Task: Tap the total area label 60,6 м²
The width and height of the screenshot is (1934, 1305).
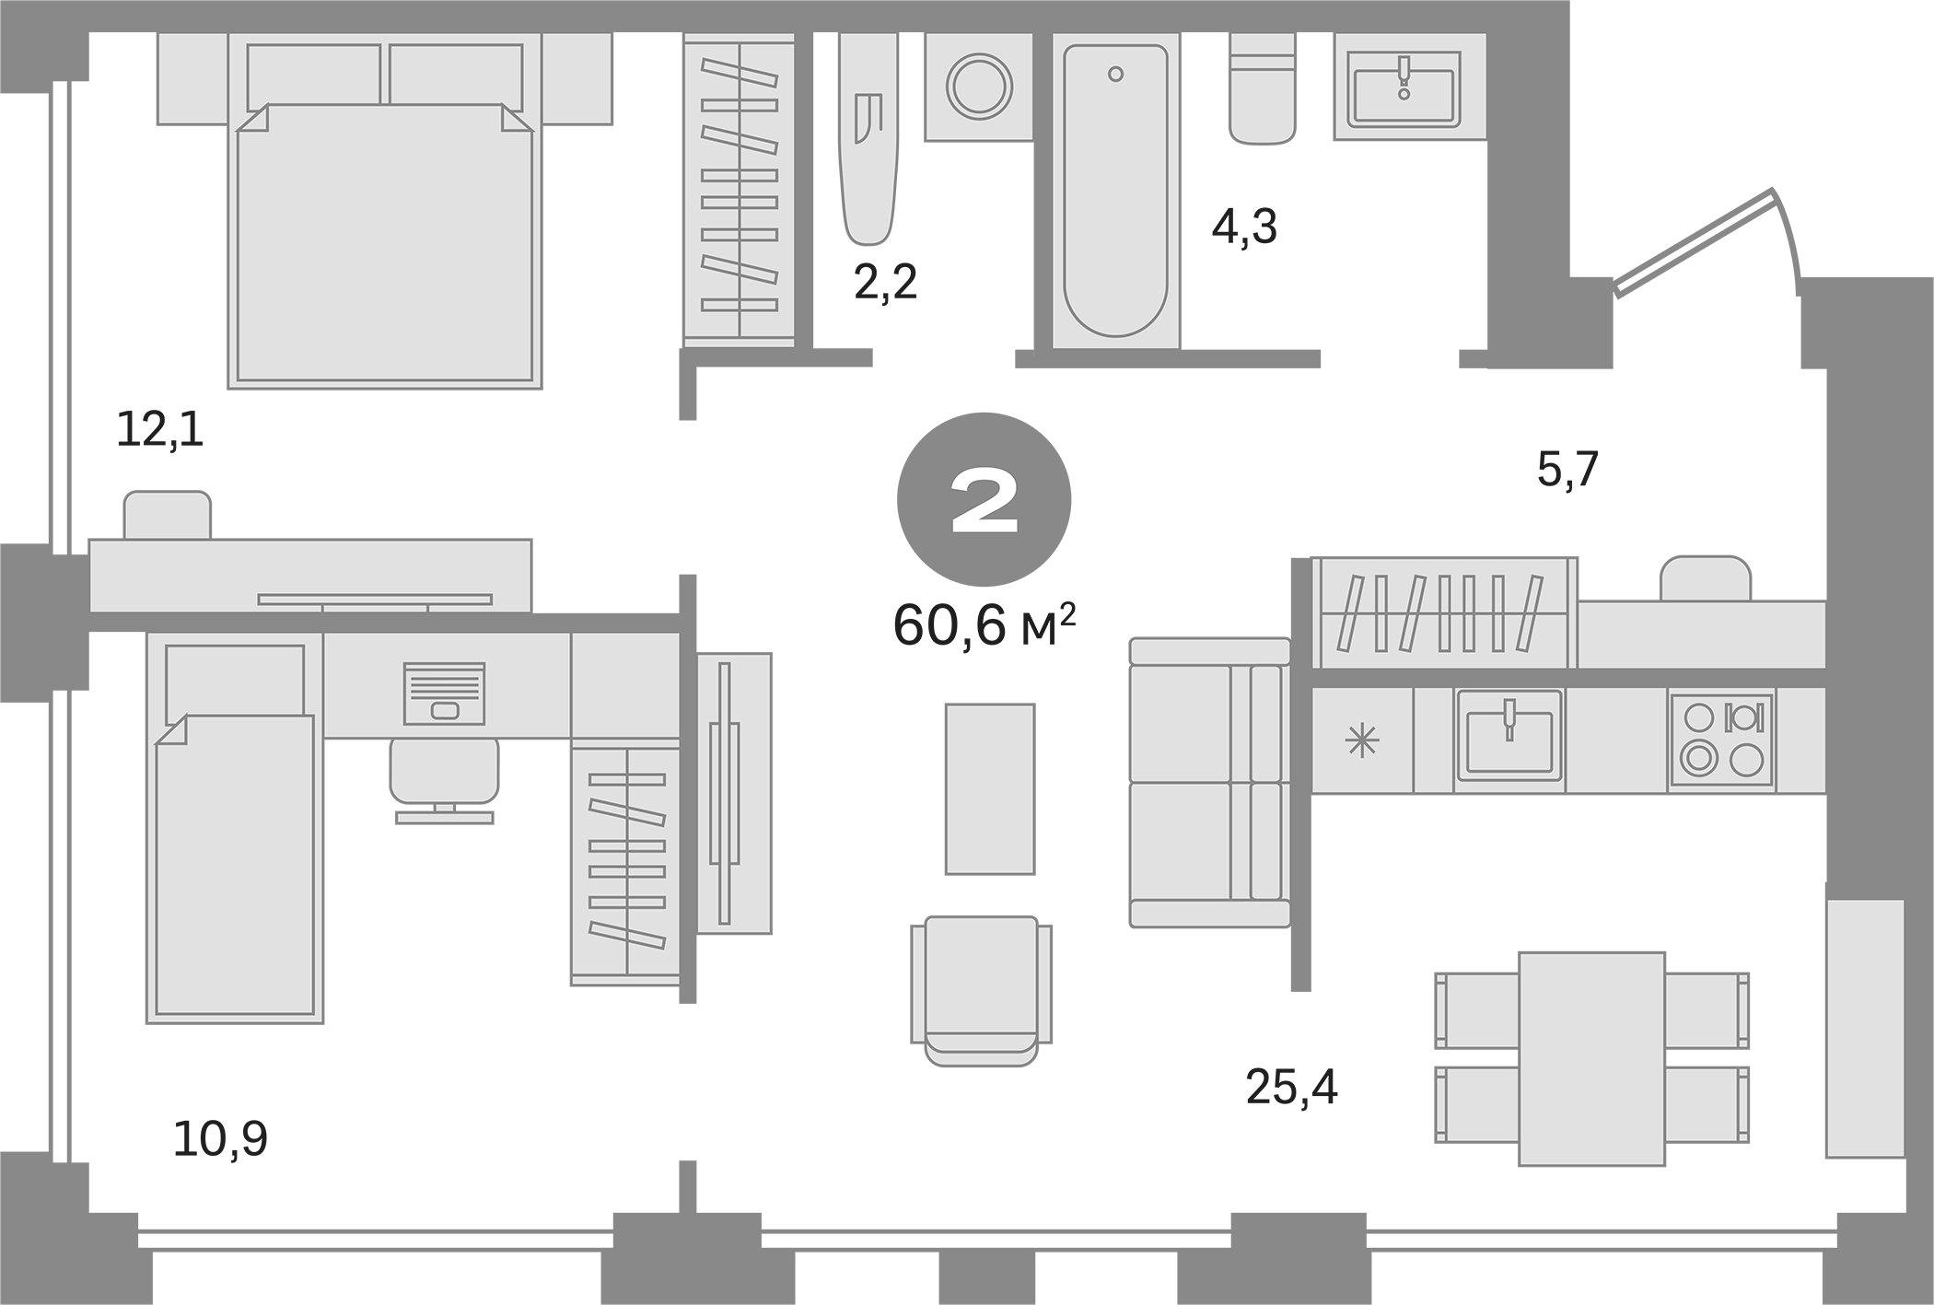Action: (x=984, y=626)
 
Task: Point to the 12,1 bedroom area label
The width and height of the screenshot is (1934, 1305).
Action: (x=160, y=430)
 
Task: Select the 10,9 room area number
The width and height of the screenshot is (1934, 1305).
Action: (x=220, y=1138)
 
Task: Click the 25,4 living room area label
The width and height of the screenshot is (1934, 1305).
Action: (x=1291, y=1088)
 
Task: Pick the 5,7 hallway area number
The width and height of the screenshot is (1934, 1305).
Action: (x=1567, y=470)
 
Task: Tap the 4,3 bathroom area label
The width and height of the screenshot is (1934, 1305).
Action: (x=1244, y=227)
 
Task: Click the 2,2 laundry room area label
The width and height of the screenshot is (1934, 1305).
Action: (x=886, y=282)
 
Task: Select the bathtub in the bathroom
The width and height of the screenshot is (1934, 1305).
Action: (x=1115, y=190)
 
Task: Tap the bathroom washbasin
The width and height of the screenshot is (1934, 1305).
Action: (x=1404, y=87)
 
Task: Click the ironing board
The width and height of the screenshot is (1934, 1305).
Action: (x=867, y=147)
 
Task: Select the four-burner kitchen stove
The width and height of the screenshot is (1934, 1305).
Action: (x=1721, y=740)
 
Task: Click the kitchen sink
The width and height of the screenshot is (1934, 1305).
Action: (x=1509, y=740)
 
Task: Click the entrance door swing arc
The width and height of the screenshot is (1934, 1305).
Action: (x=1785, y=249)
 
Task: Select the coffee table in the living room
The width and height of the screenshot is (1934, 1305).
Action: (x=989, y=788)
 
